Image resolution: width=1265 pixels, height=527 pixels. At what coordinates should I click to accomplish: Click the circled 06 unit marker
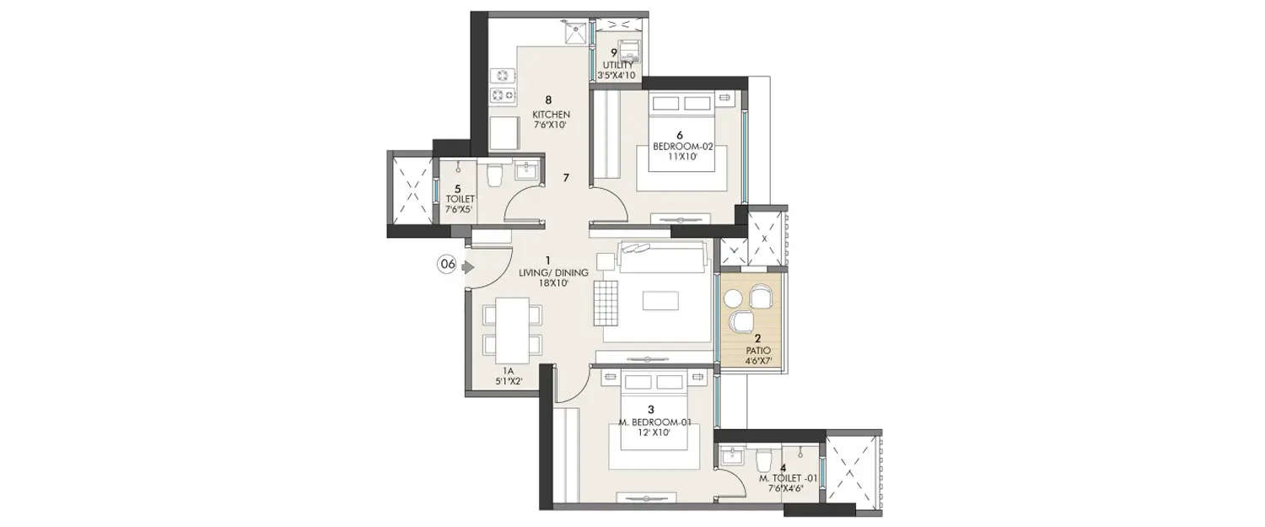[x=446, y=264]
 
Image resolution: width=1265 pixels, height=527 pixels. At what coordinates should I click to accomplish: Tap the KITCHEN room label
[x=551, y=114]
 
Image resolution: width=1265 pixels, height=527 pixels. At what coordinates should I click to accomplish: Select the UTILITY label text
[x=617, y=65]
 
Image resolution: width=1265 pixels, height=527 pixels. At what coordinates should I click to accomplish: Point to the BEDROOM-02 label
[x=683, y=146]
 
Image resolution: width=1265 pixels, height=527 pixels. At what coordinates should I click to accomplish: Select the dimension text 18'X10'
[x=548, y=283]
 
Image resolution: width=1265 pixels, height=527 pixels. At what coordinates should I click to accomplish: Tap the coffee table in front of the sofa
[x=660, y=301]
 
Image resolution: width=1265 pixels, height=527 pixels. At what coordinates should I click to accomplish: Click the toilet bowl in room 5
[x=495, y=175]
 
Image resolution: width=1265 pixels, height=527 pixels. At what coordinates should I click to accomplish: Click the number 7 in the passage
[x=567, y=178]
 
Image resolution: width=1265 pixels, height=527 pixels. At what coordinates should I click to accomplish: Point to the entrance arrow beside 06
[x=466, y=264]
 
